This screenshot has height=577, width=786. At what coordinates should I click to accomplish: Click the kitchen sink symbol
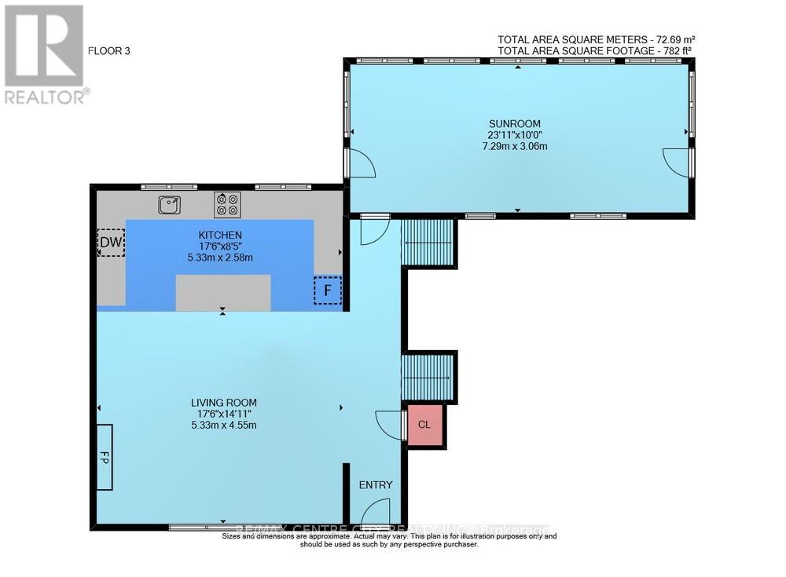(x=169, y=205)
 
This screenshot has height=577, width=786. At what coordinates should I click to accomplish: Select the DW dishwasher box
(x=111, y=243)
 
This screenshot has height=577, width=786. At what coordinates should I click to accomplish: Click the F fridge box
(x=328, y=290)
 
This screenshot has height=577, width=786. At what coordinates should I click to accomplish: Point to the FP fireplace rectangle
(x=105, y=457)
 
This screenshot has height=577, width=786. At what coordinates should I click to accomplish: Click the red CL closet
(x=424, y=425)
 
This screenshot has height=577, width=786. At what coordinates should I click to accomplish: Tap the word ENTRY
(x=375, y=485)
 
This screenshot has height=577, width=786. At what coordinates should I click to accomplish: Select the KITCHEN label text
(x=219, y=235)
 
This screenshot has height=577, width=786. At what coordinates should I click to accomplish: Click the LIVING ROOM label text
(x=224, y=403)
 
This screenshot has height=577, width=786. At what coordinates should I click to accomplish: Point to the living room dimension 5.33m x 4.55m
(x=224, y=425)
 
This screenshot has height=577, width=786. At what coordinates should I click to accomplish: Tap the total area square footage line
(x=594, y=50)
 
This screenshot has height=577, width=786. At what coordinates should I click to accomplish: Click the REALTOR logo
(x=46, y=55)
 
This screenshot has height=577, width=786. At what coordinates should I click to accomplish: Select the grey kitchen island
(x=223, y=293)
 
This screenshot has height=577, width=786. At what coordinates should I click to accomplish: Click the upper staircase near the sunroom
(x=428, y=243)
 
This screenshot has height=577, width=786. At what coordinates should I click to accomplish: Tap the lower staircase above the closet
(x=428, y=378)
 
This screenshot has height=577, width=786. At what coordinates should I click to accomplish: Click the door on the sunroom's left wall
(x=361, y=163)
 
